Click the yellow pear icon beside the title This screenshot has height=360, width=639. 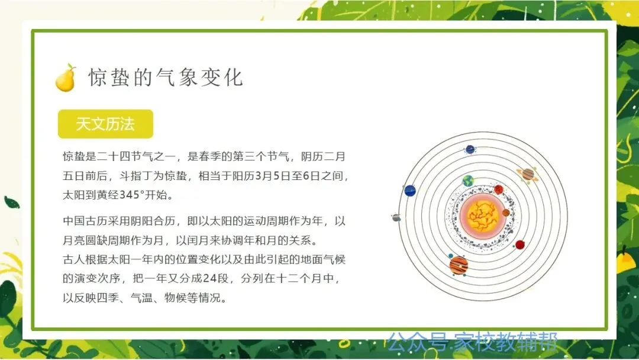[x=66, y=78]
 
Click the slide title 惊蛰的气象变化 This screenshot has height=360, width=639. [x=166, y=77]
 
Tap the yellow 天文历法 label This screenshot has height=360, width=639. [x=105, y=124]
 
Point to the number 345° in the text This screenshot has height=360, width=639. [x=132, y=195]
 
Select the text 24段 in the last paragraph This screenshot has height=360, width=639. [x=215, y=278]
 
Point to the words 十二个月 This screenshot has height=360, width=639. [x=299, y=278]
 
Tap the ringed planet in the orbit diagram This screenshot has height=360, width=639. [x=528, y=175]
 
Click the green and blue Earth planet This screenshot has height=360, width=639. [x=468, y=181]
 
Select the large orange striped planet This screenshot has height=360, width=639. [x=459, y=265]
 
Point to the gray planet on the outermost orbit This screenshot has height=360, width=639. [x=396, y=217]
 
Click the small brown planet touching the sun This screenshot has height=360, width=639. [x=506, y=213]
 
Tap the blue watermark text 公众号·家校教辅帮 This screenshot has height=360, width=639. [x=472, y=342]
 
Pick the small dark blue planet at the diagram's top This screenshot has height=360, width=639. [x=470, y=150]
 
